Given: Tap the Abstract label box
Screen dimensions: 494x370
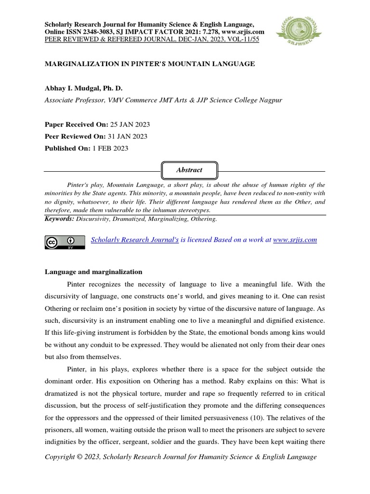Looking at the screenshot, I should point(189,170).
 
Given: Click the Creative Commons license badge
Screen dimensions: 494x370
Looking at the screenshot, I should point(65,242).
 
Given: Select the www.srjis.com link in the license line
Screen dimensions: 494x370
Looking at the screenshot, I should point(295,240).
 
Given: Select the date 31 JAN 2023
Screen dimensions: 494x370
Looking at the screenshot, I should point(127,137).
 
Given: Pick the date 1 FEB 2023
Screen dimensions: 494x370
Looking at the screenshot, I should point(110,149).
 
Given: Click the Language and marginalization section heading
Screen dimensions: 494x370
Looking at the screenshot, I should point(93,272).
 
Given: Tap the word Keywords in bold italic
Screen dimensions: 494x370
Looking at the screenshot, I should point(59,219).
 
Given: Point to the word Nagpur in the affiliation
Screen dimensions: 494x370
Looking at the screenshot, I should point(270,100).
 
